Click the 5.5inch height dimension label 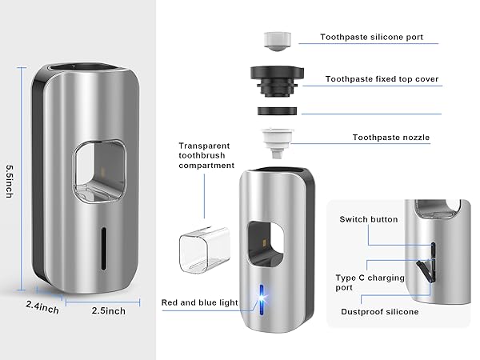click(x=10, y=183)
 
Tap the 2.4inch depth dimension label click(x=42, y=305)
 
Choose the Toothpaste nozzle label click(x=391, y=138)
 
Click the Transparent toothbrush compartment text click(x=206, y=156)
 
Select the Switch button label click(x=368, y=219)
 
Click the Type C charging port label click(x=370, y=283)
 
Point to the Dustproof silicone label click(x=379, y=312)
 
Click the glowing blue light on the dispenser click(x=260, y=297)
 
